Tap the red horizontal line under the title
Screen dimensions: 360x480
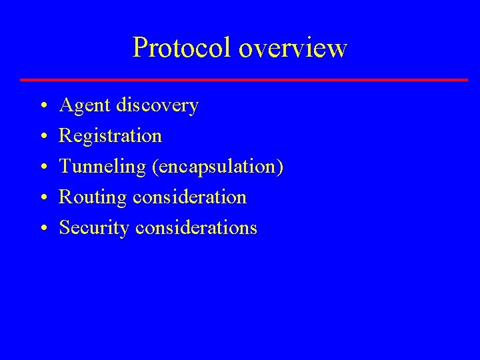(x=244, y=80)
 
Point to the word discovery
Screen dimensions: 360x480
(x=157, y=106)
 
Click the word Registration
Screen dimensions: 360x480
(x=111, y=137)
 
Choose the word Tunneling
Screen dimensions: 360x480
(x=103, y=167)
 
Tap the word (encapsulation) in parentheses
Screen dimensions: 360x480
(x=218, y=167)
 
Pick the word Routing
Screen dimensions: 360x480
(x=93, y=198)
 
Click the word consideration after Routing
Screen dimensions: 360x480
(x=190, y=197)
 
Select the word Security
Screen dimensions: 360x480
(x=95, y=228)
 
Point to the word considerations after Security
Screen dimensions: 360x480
(x=196, y=228)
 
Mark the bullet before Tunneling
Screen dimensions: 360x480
(x=43, y=167)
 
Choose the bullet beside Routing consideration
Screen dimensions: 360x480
(x=43, y=198)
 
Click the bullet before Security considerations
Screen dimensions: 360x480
(x=43, y=229)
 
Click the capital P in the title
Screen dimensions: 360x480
(x=140, y=48)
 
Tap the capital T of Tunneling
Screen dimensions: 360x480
(x=65, y=167)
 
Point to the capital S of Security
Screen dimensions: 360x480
(x=65, y=228)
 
